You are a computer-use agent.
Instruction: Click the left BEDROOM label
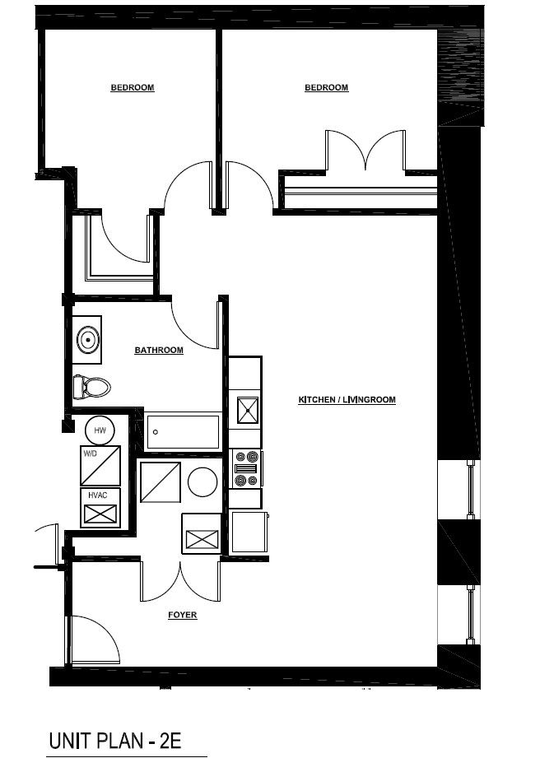point(133,87)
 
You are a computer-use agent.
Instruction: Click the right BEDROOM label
point(326,87)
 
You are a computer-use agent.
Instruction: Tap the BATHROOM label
point(159,350)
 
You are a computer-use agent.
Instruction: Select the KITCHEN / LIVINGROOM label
point(347,400)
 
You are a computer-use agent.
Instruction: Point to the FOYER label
point(182,615)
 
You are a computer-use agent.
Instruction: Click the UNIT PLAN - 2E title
point(115,741)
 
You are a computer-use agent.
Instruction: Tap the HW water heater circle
point(100,430)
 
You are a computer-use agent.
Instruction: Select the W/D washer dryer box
point(100,466)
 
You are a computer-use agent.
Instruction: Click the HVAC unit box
point(100,508)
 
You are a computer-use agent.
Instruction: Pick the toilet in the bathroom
point(92,387)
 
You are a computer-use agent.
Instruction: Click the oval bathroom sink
point(88,340)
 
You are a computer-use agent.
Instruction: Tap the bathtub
point(183,432)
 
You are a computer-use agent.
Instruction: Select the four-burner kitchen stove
point(247,468)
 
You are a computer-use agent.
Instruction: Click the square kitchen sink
point(248,411)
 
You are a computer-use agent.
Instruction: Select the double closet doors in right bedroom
point(365,150)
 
